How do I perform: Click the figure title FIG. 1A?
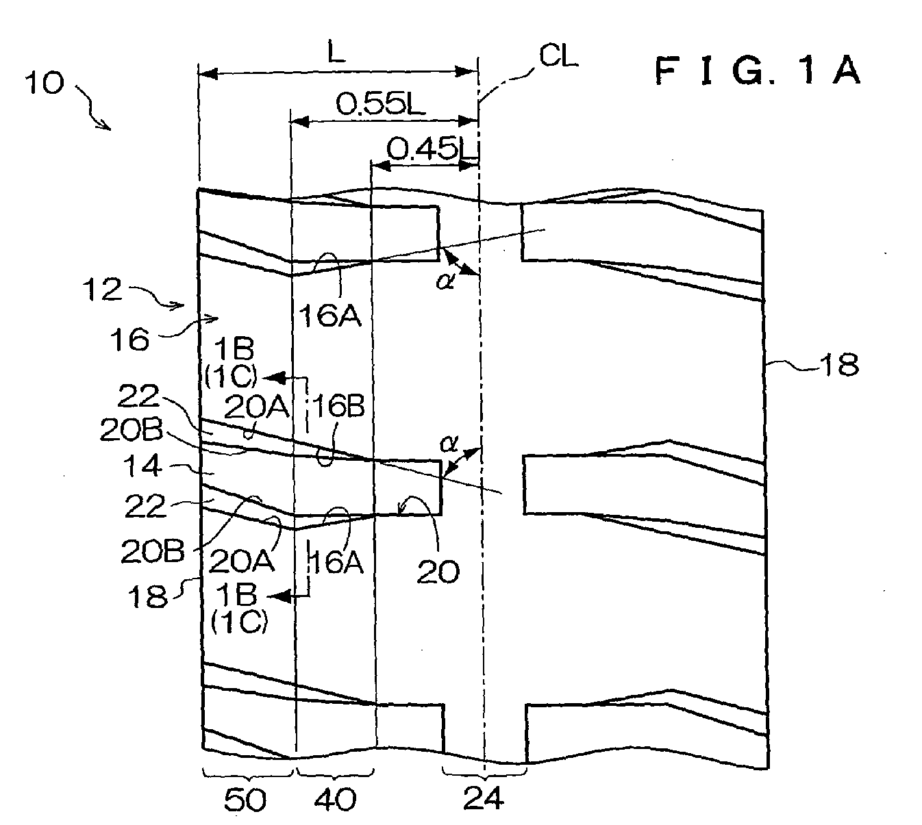[758, 72]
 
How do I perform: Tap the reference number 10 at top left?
[44, 83]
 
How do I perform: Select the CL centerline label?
[558, 56]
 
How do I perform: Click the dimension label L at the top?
[337, 53]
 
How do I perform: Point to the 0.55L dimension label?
[380, 103]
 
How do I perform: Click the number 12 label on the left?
[102, 289]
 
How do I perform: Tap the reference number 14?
[142, 466]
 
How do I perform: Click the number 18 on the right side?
[838, 364]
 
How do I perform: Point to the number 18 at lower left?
[147, 596]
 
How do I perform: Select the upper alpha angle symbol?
[445, 281]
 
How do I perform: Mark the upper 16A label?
[330, 316]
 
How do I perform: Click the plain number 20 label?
[438, 572]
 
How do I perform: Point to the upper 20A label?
[257, 407]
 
